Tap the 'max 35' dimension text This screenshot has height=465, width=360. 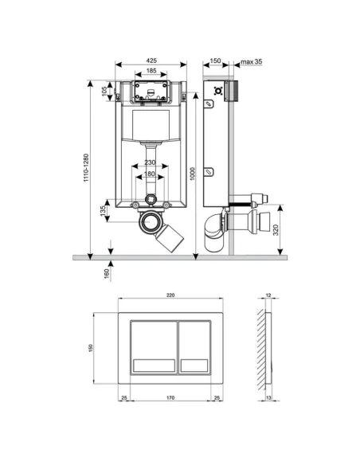(252, 61)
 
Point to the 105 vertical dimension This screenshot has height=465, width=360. (104, 90)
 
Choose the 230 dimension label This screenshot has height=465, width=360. (151, 163)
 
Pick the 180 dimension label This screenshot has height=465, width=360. (151, 175)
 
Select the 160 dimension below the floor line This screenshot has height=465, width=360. (106, 274)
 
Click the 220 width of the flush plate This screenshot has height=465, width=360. (169, 295)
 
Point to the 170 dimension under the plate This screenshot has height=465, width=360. (169, 397)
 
